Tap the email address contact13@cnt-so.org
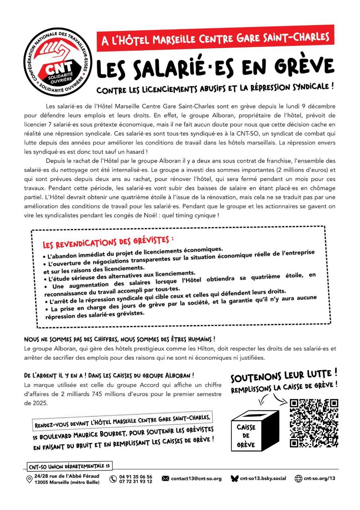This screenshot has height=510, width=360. coord(196,479)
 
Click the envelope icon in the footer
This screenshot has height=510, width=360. coord(166,479)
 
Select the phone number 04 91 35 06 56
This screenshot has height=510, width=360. coord(136,476)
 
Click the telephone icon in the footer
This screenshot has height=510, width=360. coord(113,479)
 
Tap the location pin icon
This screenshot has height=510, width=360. coord(29,479)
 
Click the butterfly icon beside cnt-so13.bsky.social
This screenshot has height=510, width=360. coord(235,479)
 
